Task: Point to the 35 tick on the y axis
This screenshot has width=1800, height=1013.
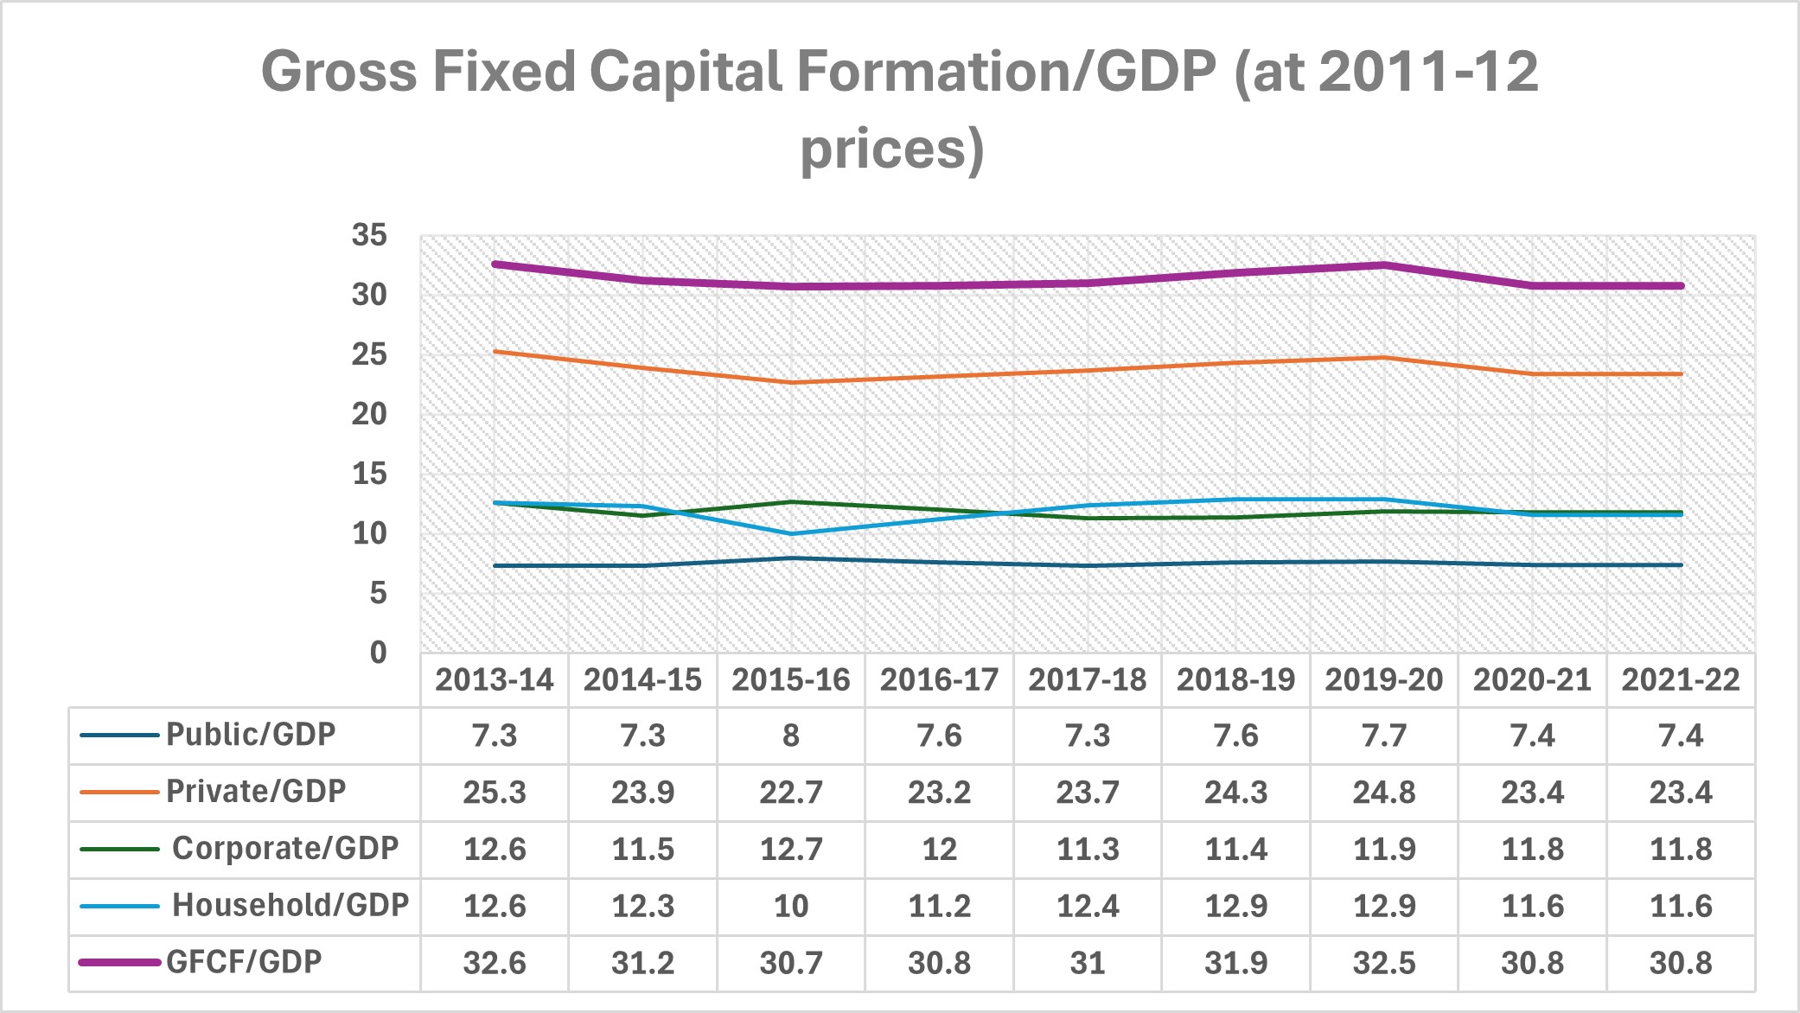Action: (x=369, y=235)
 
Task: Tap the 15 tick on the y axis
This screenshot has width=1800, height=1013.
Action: (x=369, y=474)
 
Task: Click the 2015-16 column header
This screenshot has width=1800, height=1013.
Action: (x=790, y=680)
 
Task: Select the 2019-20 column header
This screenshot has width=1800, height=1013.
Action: (x=1383, y=680)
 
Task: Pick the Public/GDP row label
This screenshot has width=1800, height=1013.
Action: (x=250, y=735)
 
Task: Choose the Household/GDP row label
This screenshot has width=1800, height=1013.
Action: (x=290, y=905)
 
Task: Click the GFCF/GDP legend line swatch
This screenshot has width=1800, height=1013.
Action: (x=119, y=962)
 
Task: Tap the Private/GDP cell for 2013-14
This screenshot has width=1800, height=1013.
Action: (x=494, y=793)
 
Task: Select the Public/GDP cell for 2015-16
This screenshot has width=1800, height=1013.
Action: (x=790, y=736)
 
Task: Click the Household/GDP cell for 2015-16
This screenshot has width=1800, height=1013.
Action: (x=790, y=906)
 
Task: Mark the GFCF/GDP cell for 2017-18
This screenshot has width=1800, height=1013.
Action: (x=1087, y=963)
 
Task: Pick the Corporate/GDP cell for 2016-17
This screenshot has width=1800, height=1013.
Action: (x=939, y=849)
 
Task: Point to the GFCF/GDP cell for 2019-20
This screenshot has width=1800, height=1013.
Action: (x=1383, y=963)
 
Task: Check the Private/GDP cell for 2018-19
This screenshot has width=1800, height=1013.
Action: (x=1235, y=793)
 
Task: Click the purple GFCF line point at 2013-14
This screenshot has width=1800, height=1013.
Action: (x=494, y=264)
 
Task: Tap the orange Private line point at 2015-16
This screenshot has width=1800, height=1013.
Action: (x=790, y=382)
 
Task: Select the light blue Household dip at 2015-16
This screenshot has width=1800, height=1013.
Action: (x=790, y=533)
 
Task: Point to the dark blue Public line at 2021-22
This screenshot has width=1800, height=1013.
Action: (x=1681, y=565)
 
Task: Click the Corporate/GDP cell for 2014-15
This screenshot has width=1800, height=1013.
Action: (x=642, y=849)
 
